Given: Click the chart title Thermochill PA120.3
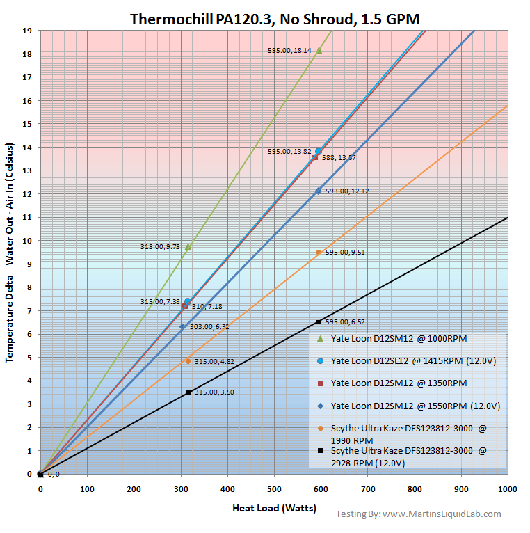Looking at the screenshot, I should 275,19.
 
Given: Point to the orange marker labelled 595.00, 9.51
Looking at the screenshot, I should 319,253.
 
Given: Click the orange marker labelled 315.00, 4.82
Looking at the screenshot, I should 188,360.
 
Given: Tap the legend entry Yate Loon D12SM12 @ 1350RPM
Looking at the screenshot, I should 399,383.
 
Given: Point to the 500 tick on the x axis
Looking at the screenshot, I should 274,490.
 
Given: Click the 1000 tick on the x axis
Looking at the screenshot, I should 507,490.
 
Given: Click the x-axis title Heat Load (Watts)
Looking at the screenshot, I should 274,509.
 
